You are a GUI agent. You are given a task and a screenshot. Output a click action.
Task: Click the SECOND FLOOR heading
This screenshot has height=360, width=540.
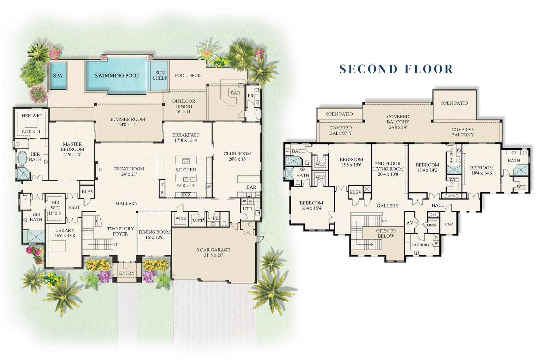pyautogui.click(x=396, y=69)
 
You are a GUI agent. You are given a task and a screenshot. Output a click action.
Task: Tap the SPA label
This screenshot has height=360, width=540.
pyautogui.click(x=58, y=76)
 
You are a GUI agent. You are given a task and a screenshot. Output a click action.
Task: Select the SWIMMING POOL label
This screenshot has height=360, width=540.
pyautogui.click(x=117, y=76)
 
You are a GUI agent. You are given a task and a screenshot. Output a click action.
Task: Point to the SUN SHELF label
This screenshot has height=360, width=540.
pyautogui.click(x=160, y=76)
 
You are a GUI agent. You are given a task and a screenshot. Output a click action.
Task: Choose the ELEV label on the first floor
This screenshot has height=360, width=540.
pyautogui.click(x=87, y=192)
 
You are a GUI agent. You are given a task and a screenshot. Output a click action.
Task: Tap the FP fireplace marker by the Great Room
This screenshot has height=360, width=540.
pyautogui.click(x=100, y=170)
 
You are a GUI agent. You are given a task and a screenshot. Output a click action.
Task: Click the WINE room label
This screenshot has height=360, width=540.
pyautogui.click(x=181, y=219)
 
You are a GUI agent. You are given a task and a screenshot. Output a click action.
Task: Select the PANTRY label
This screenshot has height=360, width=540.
pyautogui.click(x=199, y=220)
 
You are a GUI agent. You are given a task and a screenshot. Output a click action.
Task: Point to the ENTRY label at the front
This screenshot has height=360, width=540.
pyautogui.click(x=127, y=273)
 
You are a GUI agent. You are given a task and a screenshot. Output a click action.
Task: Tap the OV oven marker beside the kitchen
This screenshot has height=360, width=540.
pyautogui.click(x=209, y=186)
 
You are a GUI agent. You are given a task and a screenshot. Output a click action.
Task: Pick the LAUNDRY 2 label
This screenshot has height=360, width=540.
pyautogui.click(x=422, y=245)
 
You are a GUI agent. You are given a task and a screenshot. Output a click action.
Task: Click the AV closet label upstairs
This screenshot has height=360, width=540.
pyautogui.click(x=409, y=223)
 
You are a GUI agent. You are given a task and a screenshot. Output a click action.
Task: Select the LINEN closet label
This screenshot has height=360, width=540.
pyautogui.click(x=431, y=225)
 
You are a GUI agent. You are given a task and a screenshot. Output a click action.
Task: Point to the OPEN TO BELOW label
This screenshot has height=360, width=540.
pyautogui.click(x=386, y=233)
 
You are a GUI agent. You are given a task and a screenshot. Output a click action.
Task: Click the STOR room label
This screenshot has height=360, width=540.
pyautogui.click(x=448, y=224)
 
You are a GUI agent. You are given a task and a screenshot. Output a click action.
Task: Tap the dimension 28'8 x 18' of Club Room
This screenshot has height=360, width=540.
pyautogui.click(x=237, y=159)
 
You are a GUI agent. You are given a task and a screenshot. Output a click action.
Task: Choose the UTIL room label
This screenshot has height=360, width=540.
pyautogui.click(x=248, y=209)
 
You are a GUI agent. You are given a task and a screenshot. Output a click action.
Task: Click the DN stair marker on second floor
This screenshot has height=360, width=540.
pyautogui.click(x=384, y=221)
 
